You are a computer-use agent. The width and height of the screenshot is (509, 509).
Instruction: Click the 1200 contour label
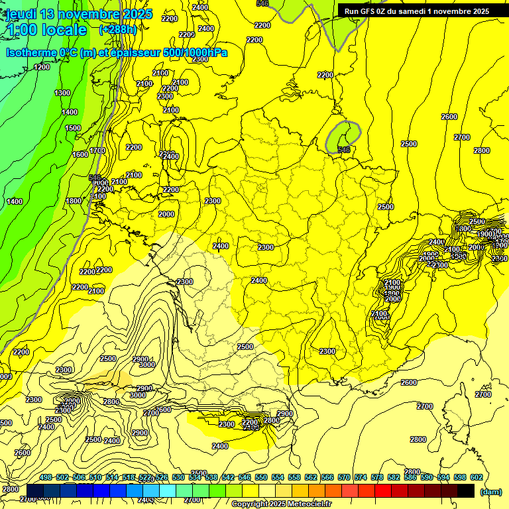[42, 67]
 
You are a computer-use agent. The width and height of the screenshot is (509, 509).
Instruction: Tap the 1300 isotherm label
[62, 93]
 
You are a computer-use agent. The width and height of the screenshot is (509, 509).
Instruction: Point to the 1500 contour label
[73, 128]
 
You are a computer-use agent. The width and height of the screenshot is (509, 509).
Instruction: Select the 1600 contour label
[80, 154]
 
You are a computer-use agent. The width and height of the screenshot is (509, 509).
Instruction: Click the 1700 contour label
[97, 150]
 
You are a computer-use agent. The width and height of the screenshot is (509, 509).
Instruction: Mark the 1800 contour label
[74, 201]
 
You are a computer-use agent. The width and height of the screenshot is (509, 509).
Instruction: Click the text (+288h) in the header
[119, 30]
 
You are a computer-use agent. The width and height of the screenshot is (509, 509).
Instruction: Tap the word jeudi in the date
[20, 14]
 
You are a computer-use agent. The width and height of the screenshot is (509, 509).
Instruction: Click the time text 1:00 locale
[46, 30]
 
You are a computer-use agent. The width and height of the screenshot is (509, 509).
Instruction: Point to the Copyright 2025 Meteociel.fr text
[281, 504]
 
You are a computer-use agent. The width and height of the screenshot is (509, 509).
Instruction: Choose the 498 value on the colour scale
[46, 477]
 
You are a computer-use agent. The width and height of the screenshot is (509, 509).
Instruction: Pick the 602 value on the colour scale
[476, 477]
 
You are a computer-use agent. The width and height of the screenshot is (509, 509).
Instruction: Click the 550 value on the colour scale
[261, 477]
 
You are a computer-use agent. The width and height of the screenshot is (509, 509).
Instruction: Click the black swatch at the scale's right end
[466, 490]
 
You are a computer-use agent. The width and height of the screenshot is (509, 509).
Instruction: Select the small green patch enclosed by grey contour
[341, 135]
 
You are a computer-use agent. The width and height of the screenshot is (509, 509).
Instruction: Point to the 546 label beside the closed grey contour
[343, 150]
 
